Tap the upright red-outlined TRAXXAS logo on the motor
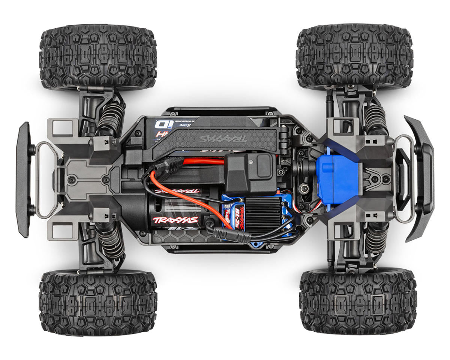pyautogui.click(x=175, y=220)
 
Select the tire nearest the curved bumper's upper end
pyautogui.click(x=354, y=56)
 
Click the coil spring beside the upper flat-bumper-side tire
pyautogui.click(x=111, y=118)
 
